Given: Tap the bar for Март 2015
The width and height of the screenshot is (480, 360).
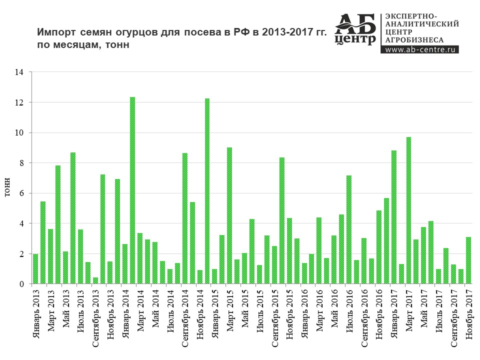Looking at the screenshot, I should point(229,215).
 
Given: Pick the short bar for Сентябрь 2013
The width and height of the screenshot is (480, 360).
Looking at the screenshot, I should point(95,280).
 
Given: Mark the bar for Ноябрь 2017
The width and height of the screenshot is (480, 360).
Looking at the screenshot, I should point(468,260).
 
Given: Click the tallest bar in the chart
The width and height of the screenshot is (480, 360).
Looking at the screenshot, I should point(132,190).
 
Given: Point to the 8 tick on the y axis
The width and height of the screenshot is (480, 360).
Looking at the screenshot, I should point(21,163).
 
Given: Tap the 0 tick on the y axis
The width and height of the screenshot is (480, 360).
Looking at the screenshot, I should point(21,284).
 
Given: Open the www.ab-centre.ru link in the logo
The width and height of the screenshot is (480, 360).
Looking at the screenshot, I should point(419,49).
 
